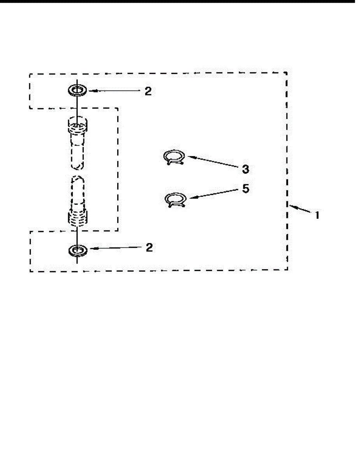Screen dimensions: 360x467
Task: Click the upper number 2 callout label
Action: click(148, 91)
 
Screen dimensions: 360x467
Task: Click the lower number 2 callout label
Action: click(149, 248)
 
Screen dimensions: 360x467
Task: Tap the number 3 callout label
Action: click(246, 169)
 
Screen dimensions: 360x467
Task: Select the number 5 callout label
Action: click(246, 188)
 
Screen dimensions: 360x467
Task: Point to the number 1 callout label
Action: click(317, 215)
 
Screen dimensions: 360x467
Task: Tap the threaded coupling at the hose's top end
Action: click(77, 125)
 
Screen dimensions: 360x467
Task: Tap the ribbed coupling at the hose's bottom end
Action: click(77, 219)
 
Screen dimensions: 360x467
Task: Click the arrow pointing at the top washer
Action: click(114, 91)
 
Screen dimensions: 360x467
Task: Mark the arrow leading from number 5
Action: click(214, 194)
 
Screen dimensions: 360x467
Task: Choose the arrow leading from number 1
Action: click(300, 209)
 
